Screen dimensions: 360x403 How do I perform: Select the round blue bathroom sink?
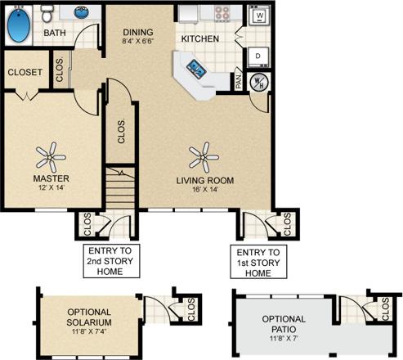(83, 13)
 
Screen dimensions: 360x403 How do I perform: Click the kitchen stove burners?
(222, 14)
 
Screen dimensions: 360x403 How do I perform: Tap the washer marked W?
(260, 16)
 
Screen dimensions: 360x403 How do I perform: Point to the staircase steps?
(120, 187)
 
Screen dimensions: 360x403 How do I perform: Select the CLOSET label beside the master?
(25, 72)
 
